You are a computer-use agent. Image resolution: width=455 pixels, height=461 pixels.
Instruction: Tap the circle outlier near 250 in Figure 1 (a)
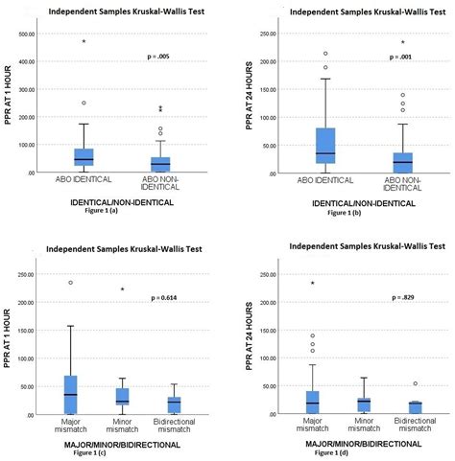coord(84,103)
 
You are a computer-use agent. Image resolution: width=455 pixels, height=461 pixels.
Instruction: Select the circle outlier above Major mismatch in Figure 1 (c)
coord(70,283)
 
